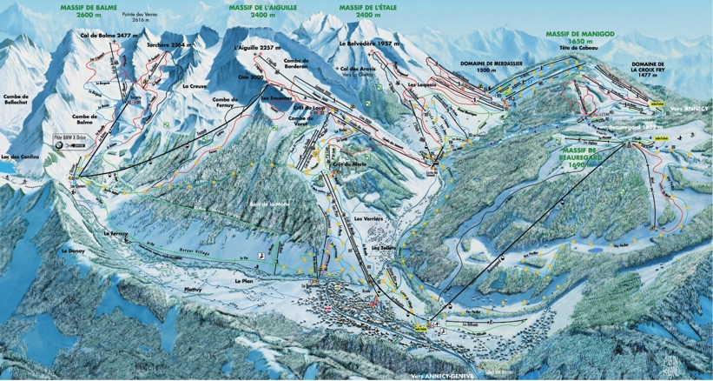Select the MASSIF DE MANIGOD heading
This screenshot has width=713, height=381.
(x=580, y=36)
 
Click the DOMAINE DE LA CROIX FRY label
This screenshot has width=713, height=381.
(x=648, y=70)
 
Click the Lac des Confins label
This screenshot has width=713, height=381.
(x=17, y=157)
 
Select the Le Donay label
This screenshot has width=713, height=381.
(x=71, y=251)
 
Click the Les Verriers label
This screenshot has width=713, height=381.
(x=368, y=218)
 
